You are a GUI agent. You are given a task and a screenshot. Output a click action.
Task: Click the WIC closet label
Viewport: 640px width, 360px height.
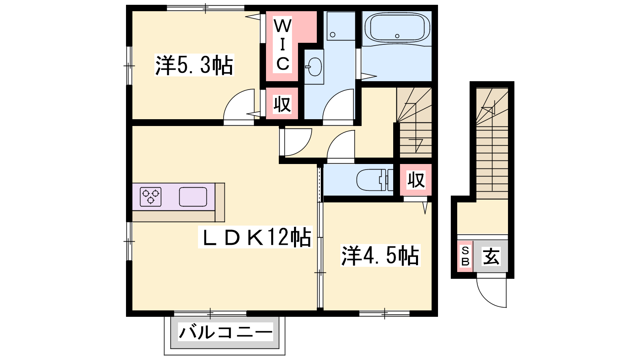[x=282, y=45]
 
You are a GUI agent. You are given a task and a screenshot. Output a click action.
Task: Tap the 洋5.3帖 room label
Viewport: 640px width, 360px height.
[x=194, y=65]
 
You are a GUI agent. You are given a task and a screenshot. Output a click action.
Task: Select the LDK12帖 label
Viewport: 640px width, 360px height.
[x=255, y=237]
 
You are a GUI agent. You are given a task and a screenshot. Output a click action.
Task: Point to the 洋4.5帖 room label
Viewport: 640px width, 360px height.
[x=380, y=256]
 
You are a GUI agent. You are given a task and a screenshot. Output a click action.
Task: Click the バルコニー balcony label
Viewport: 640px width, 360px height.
[x=226, y=332]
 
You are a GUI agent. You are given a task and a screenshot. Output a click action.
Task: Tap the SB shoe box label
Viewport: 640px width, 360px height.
[x=466, y=256]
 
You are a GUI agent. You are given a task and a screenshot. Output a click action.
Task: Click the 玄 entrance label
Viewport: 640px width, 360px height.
[x=491, y=256]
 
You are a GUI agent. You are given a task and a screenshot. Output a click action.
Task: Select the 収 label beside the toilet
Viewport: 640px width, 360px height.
[x=416, y=180]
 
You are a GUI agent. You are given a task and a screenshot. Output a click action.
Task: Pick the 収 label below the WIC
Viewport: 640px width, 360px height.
[x=282, y=104]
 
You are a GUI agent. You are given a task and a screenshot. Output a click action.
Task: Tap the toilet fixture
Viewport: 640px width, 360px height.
[x=375, y=180]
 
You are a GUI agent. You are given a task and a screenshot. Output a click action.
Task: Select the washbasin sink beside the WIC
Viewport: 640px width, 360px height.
[x=314, y=67]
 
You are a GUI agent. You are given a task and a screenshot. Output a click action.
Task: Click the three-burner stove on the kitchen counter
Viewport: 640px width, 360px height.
[x=150, y=197]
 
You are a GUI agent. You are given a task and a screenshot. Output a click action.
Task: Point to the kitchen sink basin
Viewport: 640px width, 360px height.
[x=193, y=197]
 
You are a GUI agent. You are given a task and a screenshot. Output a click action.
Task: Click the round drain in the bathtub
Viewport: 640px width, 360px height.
[x=397, y=36]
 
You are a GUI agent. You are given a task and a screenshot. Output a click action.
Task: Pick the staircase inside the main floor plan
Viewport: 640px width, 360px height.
[x=414, y=122]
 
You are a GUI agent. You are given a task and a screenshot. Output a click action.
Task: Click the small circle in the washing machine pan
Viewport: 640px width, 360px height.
[x=332, y=35]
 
